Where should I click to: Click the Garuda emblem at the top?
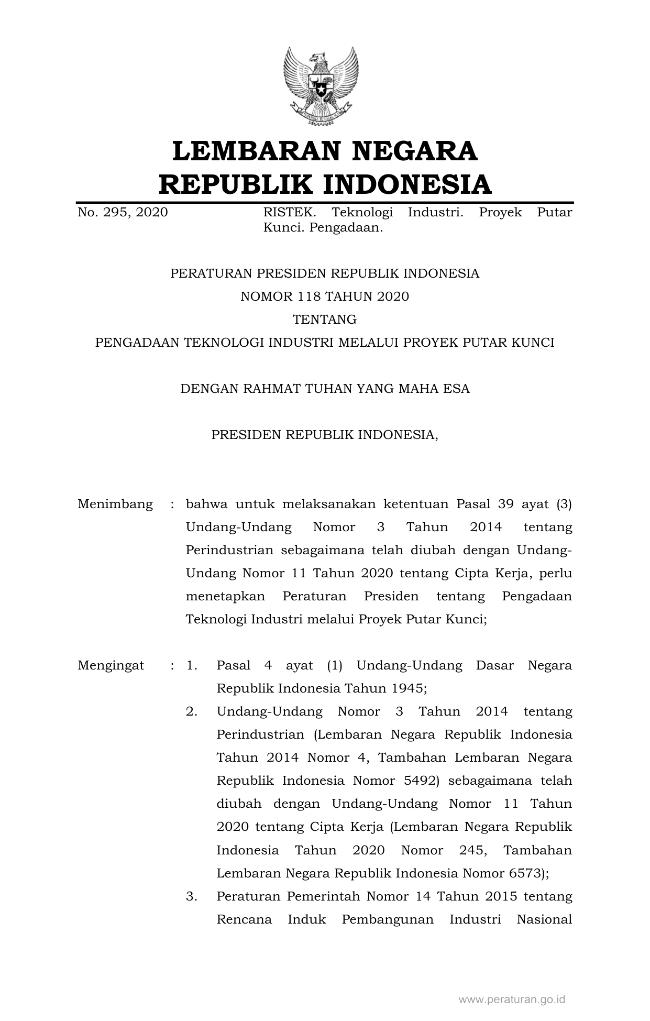[x=321, y=86]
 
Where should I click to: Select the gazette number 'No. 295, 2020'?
[x=123, y=212]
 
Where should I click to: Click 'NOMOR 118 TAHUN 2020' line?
[x=324, y=297]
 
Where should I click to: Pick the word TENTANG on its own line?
[x=324, y=320]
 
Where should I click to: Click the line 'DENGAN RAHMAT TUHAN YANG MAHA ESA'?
[x=325, y=389]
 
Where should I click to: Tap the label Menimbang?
[x=115, y=504]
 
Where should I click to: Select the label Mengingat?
[x=111, y=665]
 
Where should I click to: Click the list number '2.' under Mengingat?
[x=192, y=711]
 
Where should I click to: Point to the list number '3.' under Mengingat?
[x=192, y=896]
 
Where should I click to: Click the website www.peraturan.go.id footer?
[x=512, y=1000]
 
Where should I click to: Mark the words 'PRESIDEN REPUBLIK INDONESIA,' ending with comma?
[x=325, y=435]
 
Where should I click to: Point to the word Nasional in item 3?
[x=544, y=919]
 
